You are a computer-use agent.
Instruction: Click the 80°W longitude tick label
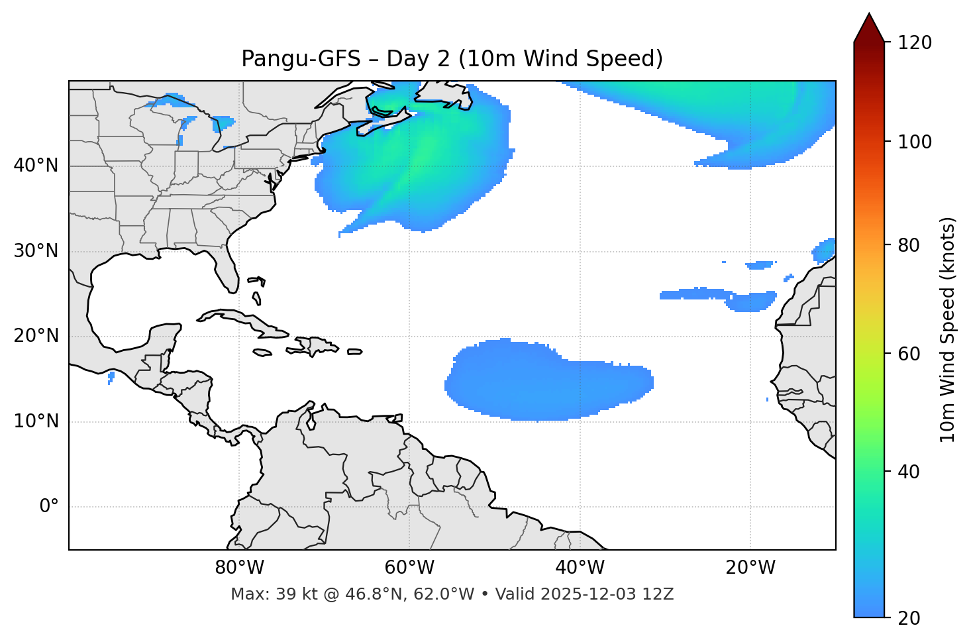[239, 568]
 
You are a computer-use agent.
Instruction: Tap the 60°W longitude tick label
[409, 568]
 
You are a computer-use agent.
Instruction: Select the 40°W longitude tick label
[580, 568]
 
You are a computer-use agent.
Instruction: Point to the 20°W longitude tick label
[750, 568]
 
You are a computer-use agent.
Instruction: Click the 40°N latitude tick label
[36, 166]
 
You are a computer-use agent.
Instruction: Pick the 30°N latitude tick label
[36, 251]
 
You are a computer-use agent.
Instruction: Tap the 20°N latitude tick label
[36, 337]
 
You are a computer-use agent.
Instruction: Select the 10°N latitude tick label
[36, 421]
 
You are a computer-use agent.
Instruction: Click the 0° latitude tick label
[49, 507]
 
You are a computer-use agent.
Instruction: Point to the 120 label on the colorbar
[915, 43]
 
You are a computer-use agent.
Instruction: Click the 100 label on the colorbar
[915, 142]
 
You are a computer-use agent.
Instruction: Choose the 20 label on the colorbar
[909, 618]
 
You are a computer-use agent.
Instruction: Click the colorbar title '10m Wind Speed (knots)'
[948, 329]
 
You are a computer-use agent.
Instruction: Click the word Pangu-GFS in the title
[301, 59]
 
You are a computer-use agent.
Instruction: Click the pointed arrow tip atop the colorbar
[869, 16]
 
